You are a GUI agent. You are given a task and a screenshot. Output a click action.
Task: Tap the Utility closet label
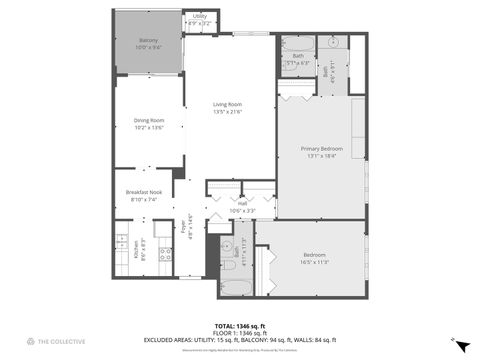point(200,19)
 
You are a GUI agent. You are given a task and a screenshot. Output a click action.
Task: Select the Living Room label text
point(228,107)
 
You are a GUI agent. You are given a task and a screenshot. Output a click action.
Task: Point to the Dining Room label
point(149,124)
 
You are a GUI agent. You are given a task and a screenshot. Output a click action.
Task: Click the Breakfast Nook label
point(143,195)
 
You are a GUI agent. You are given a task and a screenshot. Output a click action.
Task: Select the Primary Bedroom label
point(322,152)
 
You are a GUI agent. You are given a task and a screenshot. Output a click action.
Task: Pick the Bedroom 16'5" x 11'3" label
point(316,258)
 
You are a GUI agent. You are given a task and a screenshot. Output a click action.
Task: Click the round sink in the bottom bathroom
point(227,244)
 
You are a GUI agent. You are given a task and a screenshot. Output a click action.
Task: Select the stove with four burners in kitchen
point(166,252)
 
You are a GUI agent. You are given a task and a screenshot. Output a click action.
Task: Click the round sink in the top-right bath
point(333,43)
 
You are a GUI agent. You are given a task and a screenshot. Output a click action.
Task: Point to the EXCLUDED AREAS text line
point(240,340)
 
